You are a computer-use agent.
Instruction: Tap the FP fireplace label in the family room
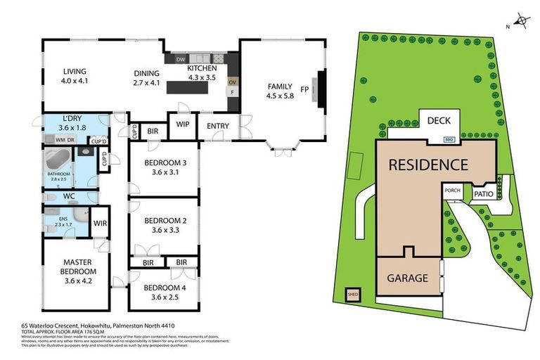(x=304, y=89)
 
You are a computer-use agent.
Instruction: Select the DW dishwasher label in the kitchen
(x=181, y=60)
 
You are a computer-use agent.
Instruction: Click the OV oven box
(x=231, y=82)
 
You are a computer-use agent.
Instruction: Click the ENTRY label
(x=217, y=127)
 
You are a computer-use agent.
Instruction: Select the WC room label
(x=69, y=197)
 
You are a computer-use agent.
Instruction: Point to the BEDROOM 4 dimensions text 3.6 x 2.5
(x=164, y=297)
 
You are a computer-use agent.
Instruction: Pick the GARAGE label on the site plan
(x=408, y=278)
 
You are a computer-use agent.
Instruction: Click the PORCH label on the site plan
(x=451, y=190)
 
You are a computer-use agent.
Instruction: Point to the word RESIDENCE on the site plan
(x=429, y=165)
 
